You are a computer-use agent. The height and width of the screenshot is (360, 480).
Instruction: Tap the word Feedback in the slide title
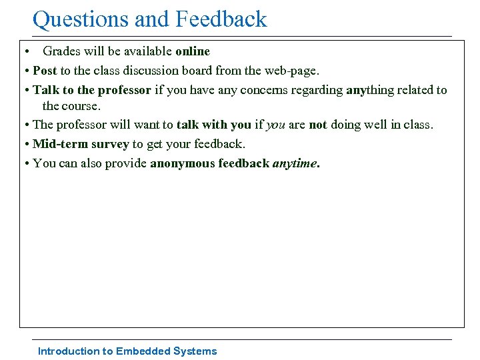221,19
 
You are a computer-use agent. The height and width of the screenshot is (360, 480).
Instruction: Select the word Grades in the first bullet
63,51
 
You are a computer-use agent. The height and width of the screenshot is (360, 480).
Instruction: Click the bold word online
193,51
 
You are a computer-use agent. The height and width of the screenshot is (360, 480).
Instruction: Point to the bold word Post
45,70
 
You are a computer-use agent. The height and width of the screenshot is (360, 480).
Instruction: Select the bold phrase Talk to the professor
92,90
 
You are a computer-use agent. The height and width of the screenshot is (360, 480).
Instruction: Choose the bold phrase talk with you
214,125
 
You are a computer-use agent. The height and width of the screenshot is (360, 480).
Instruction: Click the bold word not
318,125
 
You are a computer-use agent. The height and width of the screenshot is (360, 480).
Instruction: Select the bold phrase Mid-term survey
81,144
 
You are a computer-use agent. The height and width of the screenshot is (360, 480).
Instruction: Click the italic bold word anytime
295,163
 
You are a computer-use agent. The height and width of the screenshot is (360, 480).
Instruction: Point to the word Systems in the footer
195,351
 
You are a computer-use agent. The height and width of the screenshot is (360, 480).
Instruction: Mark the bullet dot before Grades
24,51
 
